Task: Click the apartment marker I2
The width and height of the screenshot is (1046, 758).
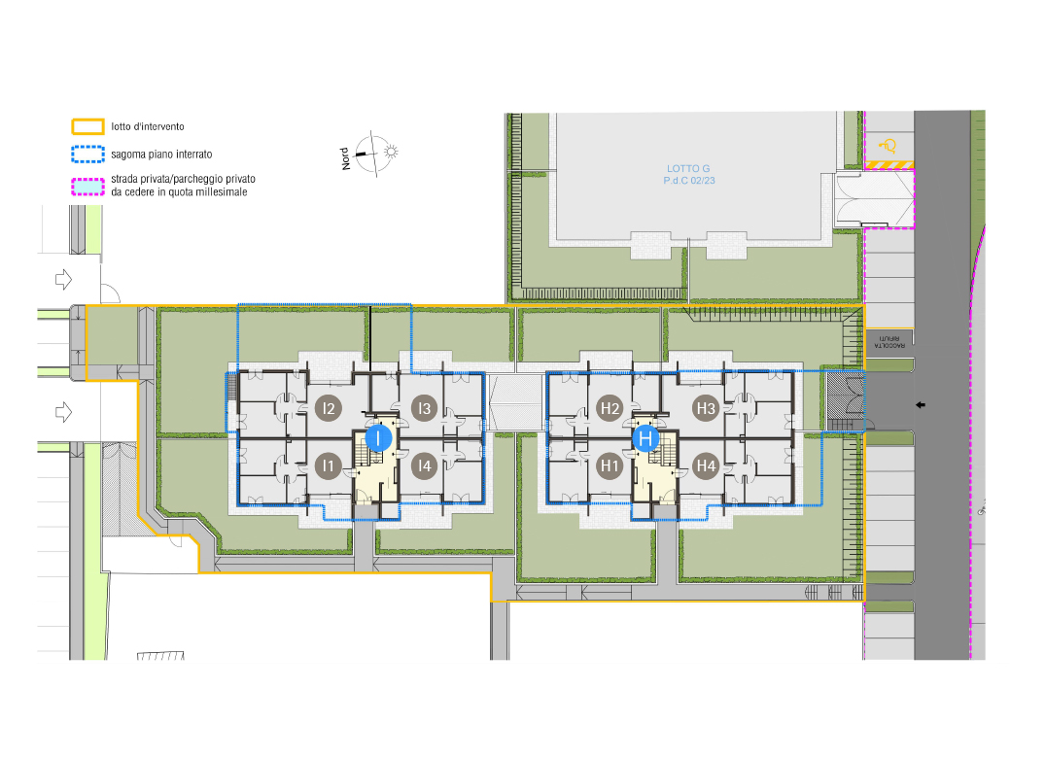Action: point(328,408)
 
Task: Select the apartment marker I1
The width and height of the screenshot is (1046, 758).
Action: point(328,465)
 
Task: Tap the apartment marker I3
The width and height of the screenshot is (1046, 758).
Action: point(424,408)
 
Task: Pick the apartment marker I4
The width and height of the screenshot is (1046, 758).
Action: point(424,465)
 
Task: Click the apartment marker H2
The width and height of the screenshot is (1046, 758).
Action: point(610,408)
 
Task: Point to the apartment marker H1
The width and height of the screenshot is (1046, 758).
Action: point(610,465)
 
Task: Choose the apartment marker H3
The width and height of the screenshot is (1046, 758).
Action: point(706,408)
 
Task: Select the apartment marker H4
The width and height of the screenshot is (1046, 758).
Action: point(706,465)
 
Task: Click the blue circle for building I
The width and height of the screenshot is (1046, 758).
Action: point(378,438)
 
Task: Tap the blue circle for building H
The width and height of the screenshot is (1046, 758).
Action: point(645,438)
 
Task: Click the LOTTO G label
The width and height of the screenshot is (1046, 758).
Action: point(688,169)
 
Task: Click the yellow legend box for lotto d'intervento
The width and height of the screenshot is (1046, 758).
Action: point(88,126)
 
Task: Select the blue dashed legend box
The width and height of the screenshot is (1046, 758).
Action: point(88,155)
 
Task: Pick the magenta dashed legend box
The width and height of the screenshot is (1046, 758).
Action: point(88,187)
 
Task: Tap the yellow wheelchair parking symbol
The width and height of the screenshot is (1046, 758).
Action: point(888,146)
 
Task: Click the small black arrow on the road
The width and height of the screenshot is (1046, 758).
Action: point(921,404)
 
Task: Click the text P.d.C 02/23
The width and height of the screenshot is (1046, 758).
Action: point(689,181)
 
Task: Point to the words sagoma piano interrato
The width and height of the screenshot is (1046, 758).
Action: point(161,155)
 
